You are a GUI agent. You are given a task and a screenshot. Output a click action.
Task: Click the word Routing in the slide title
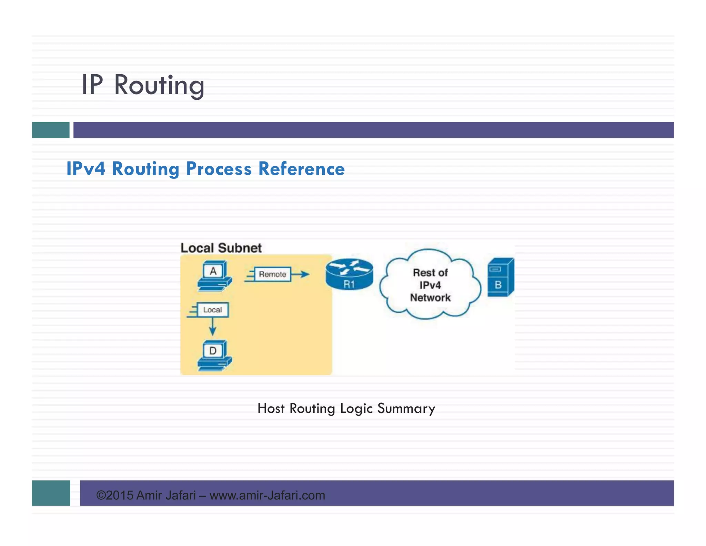[x=159, y=85]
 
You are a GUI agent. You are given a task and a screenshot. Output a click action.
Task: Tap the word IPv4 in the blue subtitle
[x=85, y=169]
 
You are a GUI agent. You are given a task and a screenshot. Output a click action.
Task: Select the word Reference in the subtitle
[x=301, y=169]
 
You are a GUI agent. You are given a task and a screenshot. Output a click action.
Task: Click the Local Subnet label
[x=221, y=248]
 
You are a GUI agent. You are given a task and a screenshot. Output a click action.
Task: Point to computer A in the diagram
[x=214, y=276]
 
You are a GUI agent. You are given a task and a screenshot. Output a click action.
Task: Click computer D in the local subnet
[x=214, y=355]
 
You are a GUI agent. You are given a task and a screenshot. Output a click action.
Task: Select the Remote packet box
[x=272, y=274]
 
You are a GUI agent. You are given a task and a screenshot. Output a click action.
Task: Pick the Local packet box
[x=212, y=310]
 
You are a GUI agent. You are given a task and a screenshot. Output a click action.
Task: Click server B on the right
[x=500, y=278]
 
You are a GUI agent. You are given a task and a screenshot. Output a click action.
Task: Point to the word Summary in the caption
[x=406, y=409]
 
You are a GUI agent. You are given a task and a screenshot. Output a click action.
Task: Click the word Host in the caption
[x=271, y=409]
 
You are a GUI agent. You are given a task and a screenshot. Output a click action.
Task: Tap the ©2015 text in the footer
[x=114, y=495]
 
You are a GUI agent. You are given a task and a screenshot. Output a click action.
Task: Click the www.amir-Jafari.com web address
[x=267, y=495]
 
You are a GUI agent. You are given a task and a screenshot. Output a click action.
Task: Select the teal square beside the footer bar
[x=51, y=493]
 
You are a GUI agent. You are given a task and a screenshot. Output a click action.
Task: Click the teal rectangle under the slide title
[x=51, y=130]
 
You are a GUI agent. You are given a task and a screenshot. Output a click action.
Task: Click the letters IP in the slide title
[x=92, y=85]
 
